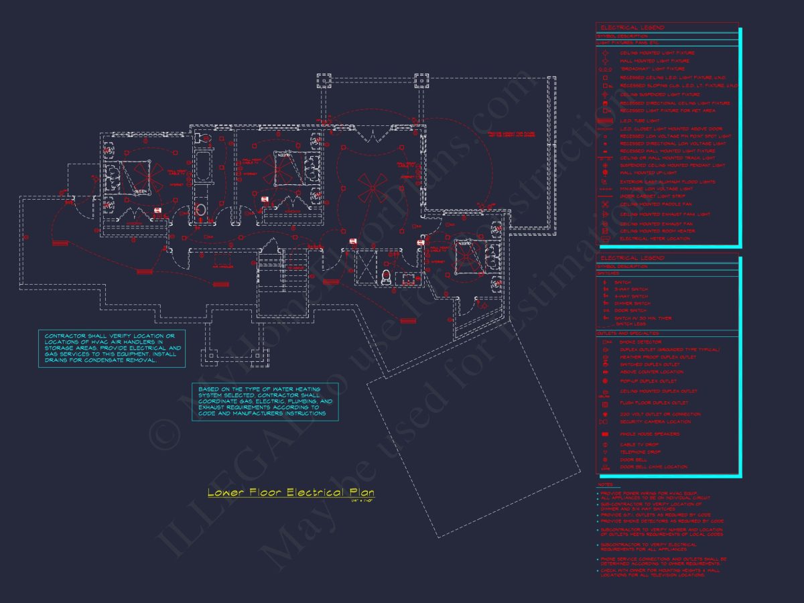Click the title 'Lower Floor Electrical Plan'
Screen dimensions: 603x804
click(x=291, y=492)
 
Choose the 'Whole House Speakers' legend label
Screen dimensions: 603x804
click(x=649, y=434)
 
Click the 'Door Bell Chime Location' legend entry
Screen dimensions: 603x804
click(x=653, y=467)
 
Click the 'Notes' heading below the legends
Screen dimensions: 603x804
click(x=605, y=484)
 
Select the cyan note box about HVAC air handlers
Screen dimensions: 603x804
click(x=111, y=348)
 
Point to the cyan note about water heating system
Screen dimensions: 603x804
click(x=265, y=401)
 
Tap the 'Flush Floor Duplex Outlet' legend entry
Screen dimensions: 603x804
click(x=653, y=403)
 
